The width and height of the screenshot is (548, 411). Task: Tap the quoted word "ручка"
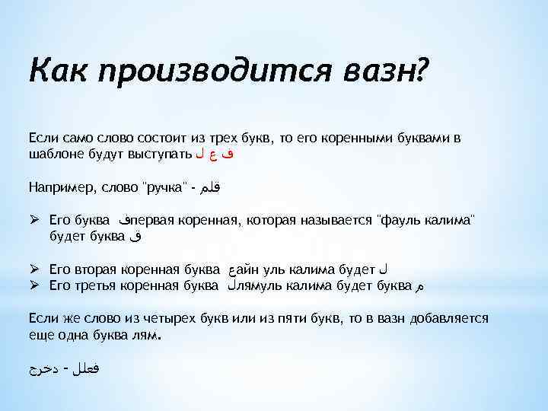pos(161,186)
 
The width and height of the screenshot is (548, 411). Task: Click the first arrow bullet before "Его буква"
pos(33,221)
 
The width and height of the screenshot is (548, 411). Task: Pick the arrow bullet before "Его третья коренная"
pos(33,285)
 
